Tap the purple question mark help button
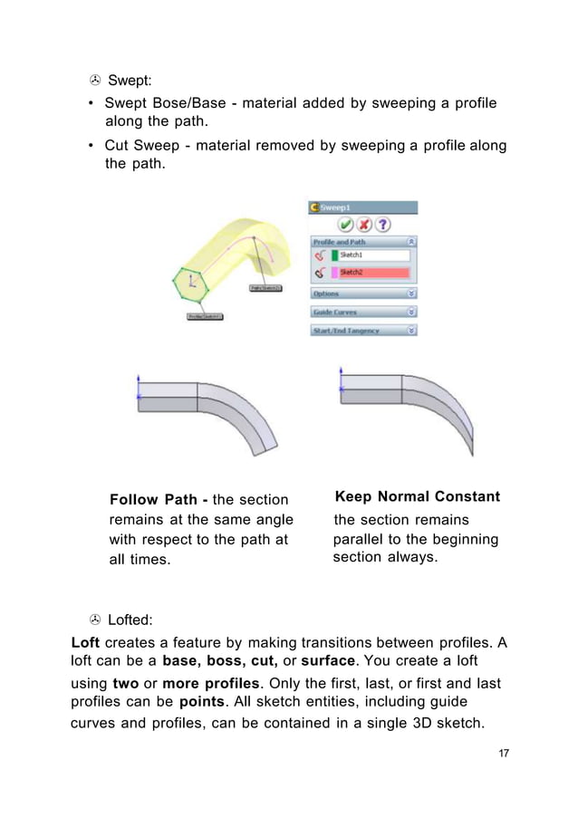click(383, 224)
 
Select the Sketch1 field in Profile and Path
click(373, 255)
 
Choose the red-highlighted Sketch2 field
click(373, 272)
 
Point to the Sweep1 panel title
click(342, 207)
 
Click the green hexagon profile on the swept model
click(191, 286)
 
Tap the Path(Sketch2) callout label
click(265, 288)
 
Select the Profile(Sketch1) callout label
click(205, 316)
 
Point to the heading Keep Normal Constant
click(417, 497)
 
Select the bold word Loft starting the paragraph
click(85, 643)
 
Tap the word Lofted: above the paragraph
click(130, 620)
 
